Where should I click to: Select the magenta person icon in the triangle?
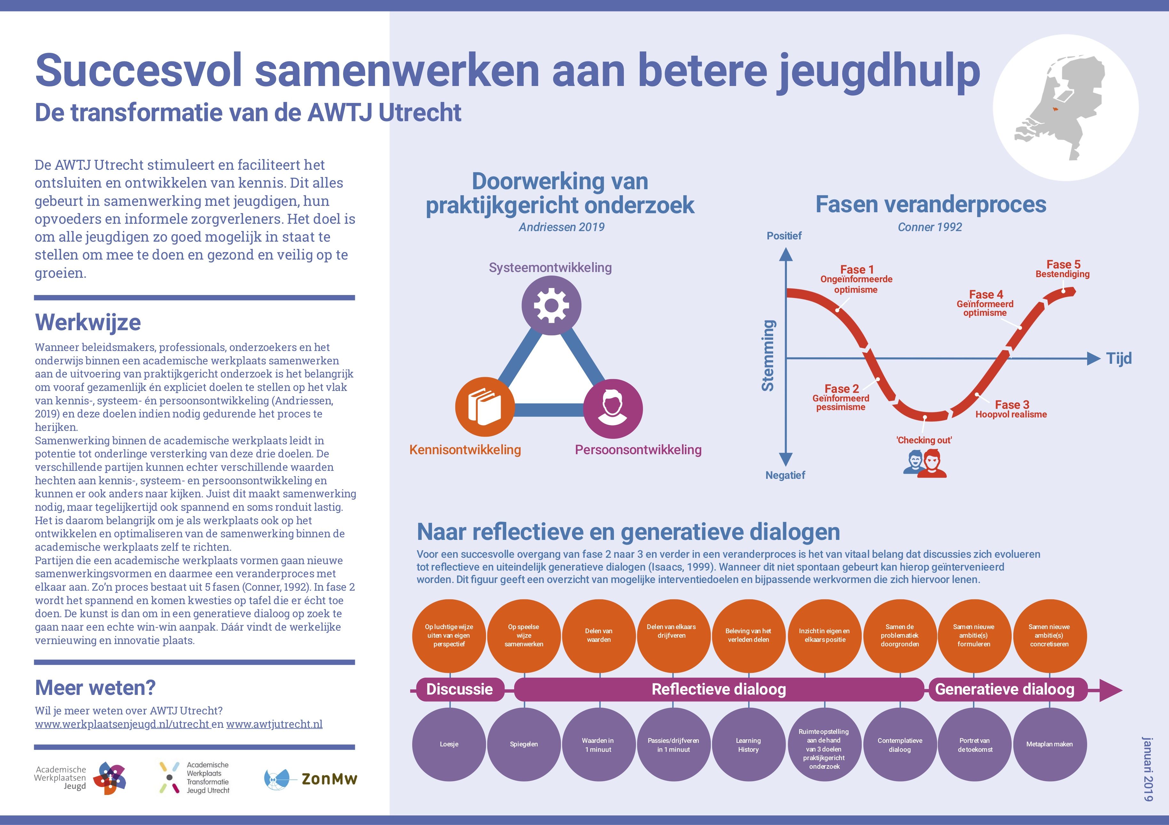click(x=613, y=409)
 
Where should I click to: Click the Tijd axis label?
click(x=1118, y=358)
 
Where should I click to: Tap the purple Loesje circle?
click(x=449, y=744)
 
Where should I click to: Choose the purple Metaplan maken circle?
click(x=1049, y=744)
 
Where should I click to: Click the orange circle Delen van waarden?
click(x=599, y=636)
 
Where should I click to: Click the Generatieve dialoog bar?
click(x=1005, y=689)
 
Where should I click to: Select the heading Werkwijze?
click(x=88, y=322)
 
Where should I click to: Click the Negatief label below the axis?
click(x=785, y=475)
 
